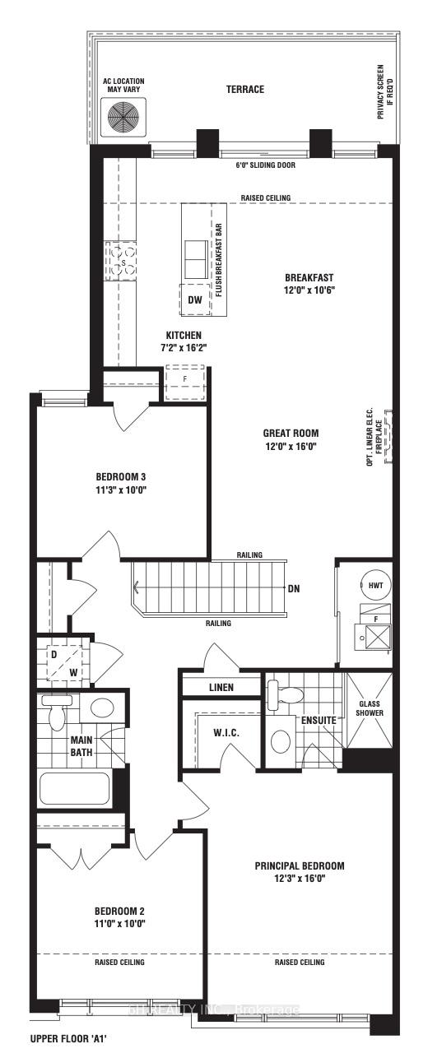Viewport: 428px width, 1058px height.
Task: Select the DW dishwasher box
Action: point(194,300)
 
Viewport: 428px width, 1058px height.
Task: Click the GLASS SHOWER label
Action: point(368,708)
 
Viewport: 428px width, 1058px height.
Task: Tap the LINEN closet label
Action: point(221,687)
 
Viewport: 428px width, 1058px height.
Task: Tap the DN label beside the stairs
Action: point(294,588)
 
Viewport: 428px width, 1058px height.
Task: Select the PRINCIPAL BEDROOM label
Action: point(299,865)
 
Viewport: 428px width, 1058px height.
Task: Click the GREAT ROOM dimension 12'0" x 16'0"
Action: point(291,446)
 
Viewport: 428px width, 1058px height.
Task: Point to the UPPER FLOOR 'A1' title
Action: point(68,1039)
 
